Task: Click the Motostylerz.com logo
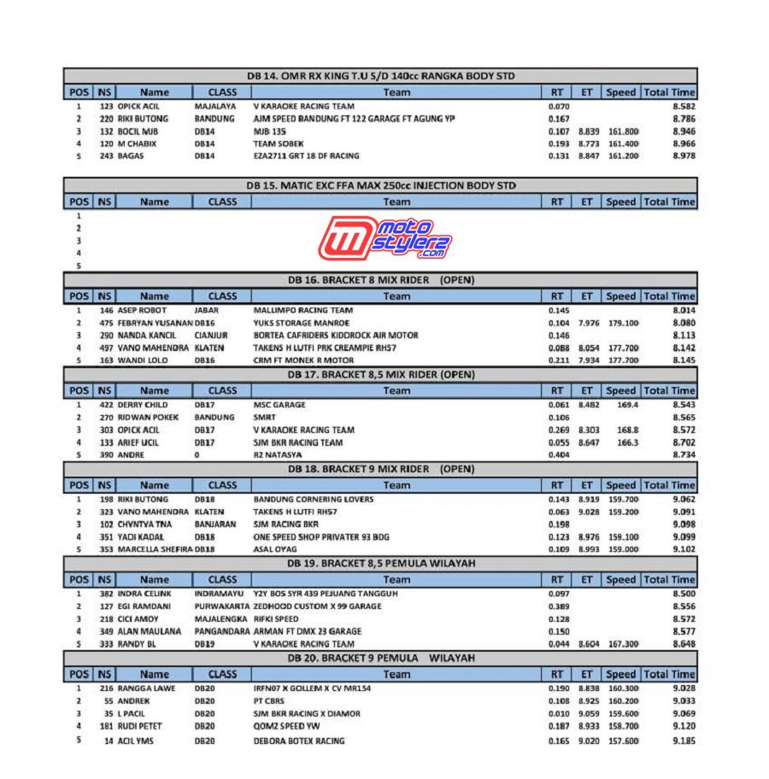pos(385,238)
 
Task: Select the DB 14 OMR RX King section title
pos(381,76)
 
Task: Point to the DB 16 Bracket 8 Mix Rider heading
pos(381,280)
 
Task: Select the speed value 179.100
pos(623,323)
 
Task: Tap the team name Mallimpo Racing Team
pos(302,310)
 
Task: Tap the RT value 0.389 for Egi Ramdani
pos(559,606)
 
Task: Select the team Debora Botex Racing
pos(299,741)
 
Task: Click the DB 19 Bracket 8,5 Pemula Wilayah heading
pos(381,563)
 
